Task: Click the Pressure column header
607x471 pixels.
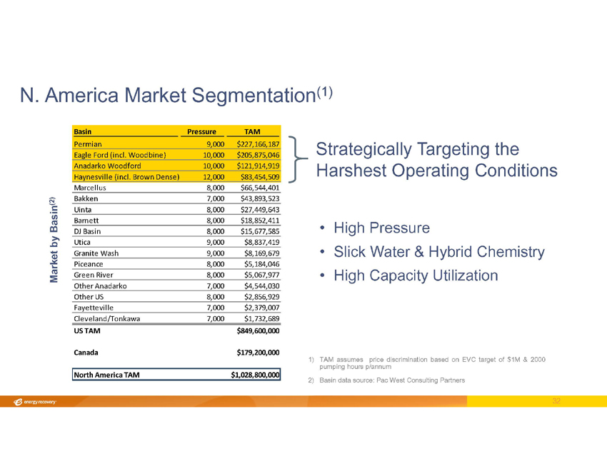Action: [x=202, y=131]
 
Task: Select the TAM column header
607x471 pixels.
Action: [x=251, y=131]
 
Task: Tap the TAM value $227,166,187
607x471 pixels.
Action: [x=257, y=143]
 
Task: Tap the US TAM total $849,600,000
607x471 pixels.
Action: [x=257, y=331]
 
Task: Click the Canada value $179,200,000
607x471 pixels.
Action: [x=257, y=352]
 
